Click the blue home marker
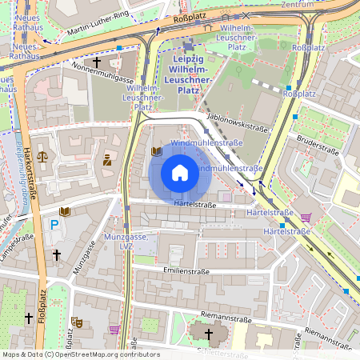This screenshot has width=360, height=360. point(180,173)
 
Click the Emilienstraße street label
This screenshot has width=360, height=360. point(185,271)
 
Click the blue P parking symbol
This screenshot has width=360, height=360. point(54,226)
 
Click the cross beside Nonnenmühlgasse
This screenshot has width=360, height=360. point(97,62)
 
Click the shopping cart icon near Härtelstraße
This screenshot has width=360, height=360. point(305,217)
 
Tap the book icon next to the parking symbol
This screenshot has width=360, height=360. point(65,212)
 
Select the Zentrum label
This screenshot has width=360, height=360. point(320,4)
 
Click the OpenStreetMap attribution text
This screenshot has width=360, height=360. point(80,354)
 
